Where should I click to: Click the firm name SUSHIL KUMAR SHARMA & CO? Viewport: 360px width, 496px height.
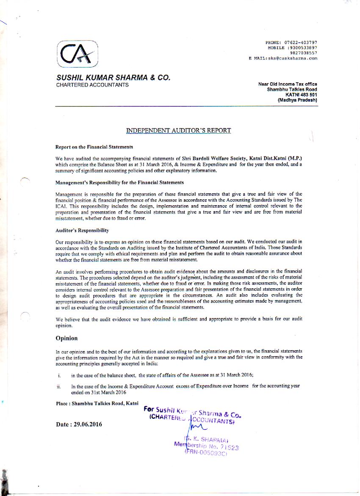coord(114,78)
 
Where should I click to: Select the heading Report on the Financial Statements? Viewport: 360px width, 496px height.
coord(94,147)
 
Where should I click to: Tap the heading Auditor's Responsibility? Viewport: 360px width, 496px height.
coord(82,230)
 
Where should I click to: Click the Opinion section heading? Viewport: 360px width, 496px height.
coord(66,338)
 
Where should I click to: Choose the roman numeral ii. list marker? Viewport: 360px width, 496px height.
coord(58,386)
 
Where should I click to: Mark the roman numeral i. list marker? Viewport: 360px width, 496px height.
coord(59,375)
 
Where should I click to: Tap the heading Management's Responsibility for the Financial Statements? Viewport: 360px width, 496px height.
coord(119,182)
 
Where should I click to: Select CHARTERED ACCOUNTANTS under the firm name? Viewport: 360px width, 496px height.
coord(92,85)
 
